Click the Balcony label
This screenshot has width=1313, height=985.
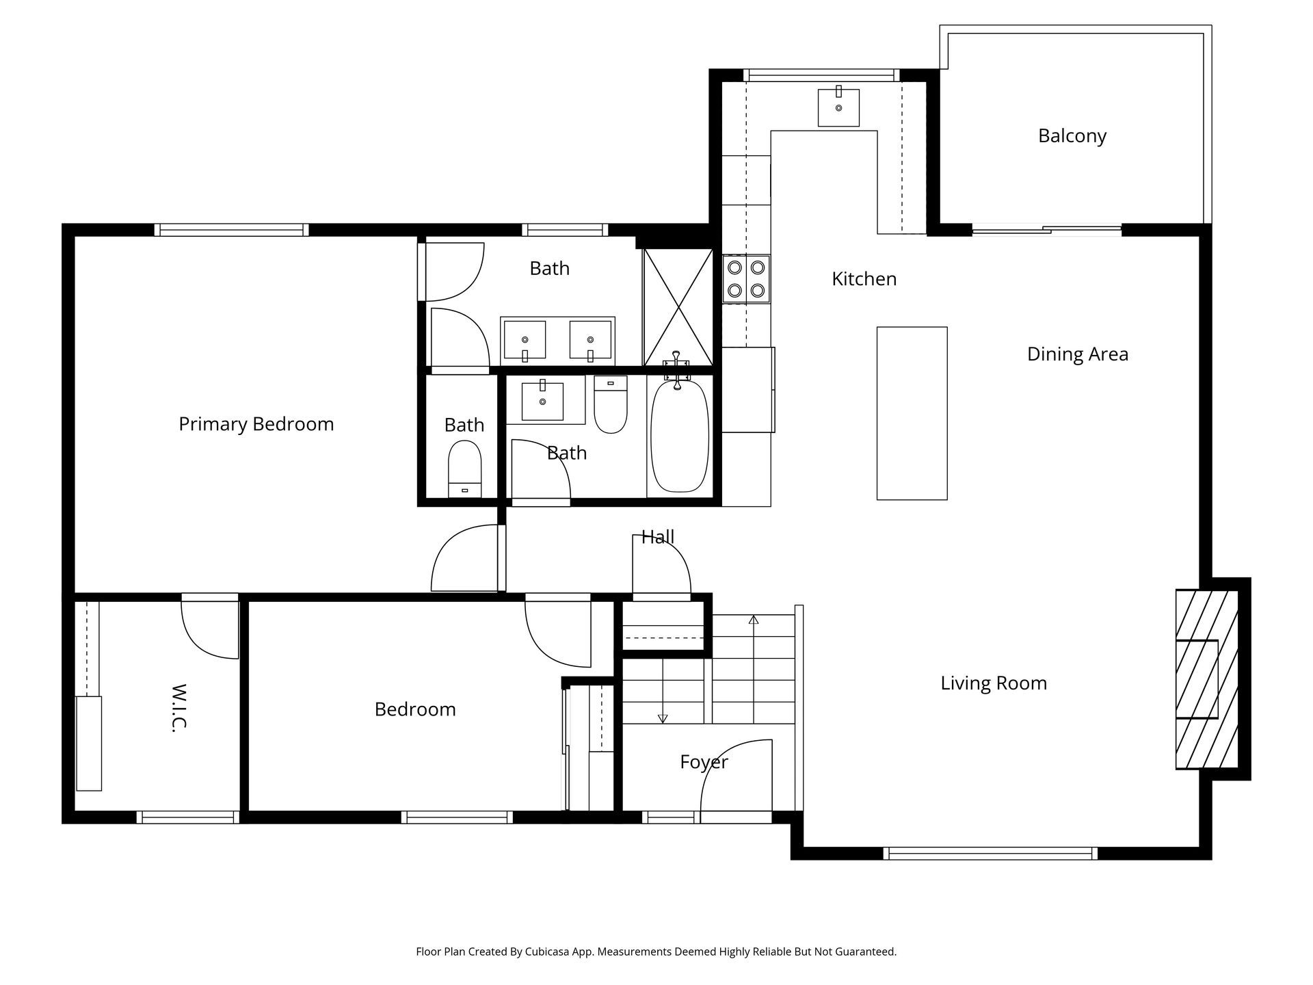1072,136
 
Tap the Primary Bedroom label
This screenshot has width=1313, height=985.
256,424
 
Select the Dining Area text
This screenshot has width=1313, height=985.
1078,354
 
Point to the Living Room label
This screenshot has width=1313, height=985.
994,683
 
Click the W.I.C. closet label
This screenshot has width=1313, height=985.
178,708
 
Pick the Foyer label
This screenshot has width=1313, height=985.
704,762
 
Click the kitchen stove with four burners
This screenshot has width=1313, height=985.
746,279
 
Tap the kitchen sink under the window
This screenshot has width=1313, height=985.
838,107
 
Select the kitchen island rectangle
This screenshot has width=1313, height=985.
912,413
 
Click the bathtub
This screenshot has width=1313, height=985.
678,436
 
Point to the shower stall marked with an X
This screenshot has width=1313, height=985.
678,307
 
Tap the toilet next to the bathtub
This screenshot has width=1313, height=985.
611,404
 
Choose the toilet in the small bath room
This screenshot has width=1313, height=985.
465,469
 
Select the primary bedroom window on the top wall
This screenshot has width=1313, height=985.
231,230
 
